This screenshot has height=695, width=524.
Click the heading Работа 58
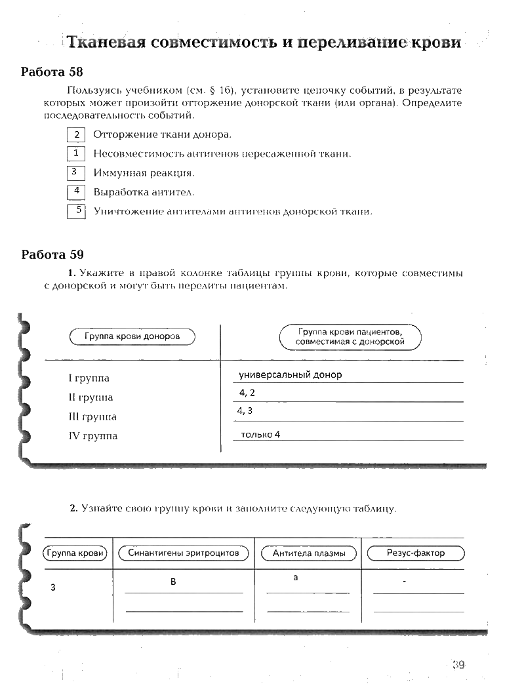52,71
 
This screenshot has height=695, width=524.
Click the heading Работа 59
52,254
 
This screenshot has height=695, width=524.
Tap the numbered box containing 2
77,135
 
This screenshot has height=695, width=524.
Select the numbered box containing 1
77,153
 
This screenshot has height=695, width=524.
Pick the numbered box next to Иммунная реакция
77,173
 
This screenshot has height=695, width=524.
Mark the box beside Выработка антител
77,192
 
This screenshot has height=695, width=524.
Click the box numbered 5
77,211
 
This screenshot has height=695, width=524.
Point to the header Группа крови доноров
132,337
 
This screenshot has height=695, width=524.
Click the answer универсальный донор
291,375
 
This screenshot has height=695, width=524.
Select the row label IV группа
93,436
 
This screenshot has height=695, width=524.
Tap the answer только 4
260,434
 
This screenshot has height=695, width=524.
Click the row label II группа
91,397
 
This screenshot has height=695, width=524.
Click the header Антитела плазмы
308,553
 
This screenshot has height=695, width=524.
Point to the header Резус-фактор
416,553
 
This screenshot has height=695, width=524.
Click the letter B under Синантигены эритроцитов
173,582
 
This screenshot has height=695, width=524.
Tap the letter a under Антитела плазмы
296,578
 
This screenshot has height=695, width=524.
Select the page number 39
458,665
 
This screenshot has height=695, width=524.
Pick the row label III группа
92,417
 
